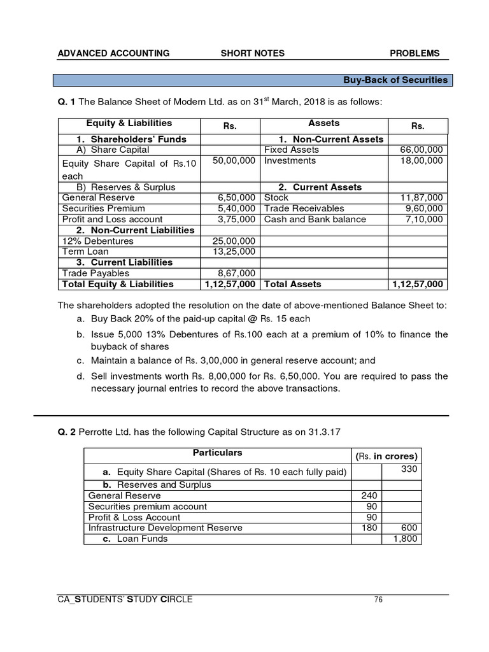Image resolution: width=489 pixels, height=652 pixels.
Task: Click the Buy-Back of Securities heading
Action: (395, 80)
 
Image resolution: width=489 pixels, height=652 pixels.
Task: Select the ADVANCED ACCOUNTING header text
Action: (113, 53)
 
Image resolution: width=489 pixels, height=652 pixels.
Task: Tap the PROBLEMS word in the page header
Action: (415, 53)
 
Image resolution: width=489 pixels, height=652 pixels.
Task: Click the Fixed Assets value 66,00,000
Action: (418, 150)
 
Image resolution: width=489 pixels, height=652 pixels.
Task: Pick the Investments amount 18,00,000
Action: (418, 160)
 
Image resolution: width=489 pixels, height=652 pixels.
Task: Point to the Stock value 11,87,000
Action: (418, 198)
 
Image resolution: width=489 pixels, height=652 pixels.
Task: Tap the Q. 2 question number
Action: (67, 432)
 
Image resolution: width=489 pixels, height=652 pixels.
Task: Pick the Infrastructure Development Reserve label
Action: (166, 528)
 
